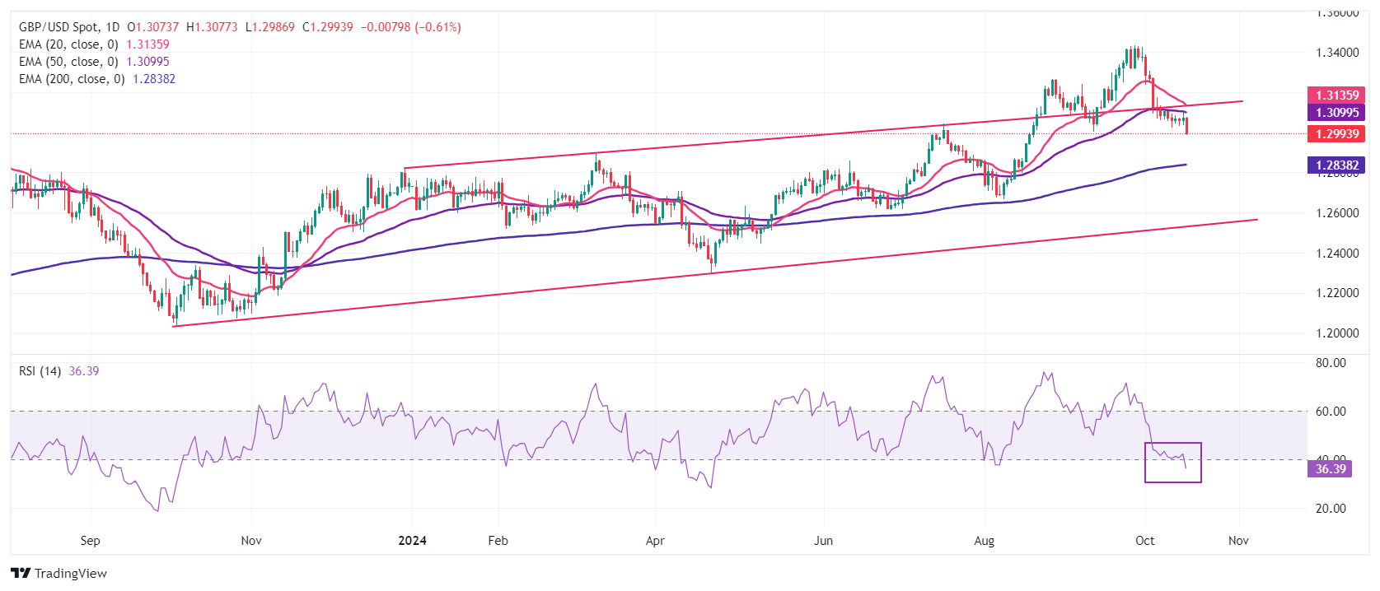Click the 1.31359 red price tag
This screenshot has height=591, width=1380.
[1336, 95]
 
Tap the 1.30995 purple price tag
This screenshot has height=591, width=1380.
[1336, 113]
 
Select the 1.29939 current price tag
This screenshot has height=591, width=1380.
[1336, 133]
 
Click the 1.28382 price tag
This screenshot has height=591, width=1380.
[1336, 165]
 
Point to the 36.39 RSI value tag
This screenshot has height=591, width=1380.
[1330, 469]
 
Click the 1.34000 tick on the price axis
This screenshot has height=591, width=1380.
[1336, 53]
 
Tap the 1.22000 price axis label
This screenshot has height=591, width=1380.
[1336, 293]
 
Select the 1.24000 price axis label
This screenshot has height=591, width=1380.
[1336, 254]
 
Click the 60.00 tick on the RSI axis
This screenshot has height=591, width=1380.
[1330, 412]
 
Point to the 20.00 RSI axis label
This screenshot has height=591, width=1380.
[1330, 509]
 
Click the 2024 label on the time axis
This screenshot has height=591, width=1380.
[412, 541]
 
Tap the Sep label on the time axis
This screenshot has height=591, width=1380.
[91, 541]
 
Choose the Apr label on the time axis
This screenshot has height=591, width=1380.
[655, 541]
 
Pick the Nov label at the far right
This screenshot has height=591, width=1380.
[1238, 541]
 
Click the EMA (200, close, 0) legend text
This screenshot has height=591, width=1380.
[72, 79]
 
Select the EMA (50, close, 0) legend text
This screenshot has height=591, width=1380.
[68, 62]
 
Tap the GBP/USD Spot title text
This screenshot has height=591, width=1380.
[57, 27]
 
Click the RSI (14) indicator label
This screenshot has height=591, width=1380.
[40, 371]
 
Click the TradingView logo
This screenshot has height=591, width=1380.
[58, 574]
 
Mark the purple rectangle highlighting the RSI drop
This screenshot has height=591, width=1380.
[1173, 463]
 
